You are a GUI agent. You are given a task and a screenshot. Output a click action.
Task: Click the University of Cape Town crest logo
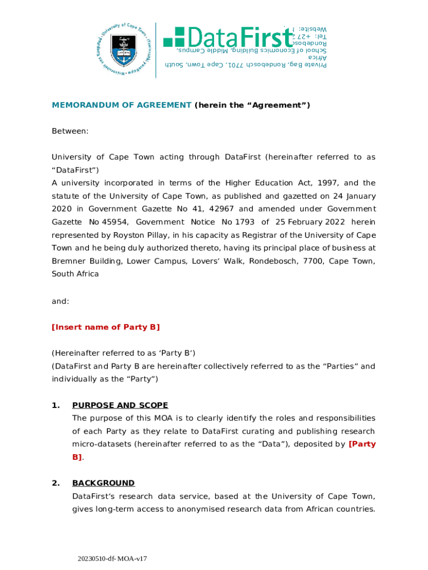[123, 50]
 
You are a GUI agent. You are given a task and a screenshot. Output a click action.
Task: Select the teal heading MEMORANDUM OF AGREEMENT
[122, 105]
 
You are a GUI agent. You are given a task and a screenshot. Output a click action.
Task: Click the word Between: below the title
[70, 131]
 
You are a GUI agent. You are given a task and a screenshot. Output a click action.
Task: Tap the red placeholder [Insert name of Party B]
[106, 327]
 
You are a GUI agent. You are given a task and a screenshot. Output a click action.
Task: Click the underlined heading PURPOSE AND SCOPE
[120, 405]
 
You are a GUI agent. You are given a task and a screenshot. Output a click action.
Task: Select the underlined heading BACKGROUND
[103, 483]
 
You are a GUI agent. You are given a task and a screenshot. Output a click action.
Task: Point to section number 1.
[56, 405]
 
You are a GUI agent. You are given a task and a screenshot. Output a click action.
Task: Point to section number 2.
[56, 483]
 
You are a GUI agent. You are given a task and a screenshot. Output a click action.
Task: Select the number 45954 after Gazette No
[114, 222]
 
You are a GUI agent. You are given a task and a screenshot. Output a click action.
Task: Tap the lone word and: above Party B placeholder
[61, 301]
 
